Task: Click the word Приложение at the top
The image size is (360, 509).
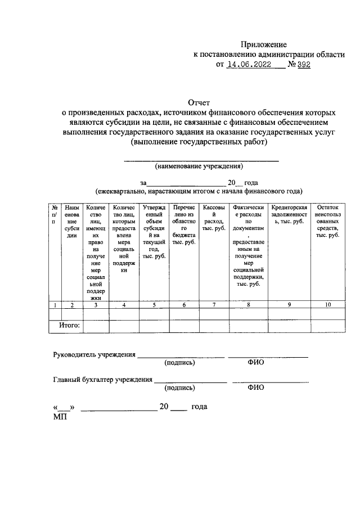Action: [x=264, y=44]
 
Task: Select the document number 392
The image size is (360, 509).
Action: [x=303, y=65]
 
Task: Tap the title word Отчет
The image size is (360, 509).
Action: [x=199, y=102]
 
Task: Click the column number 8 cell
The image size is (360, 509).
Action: [x=248, y=305]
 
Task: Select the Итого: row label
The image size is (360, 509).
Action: [x=70, y=326]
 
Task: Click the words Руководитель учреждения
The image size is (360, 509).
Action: [x=94, y=355]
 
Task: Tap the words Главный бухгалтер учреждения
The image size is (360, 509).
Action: [x=102, y=380]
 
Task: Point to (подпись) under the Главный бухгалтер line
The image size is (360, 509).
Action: [x=179, y=388]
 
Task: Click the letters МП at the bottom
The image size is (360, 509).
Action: [x=59, y=416]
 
